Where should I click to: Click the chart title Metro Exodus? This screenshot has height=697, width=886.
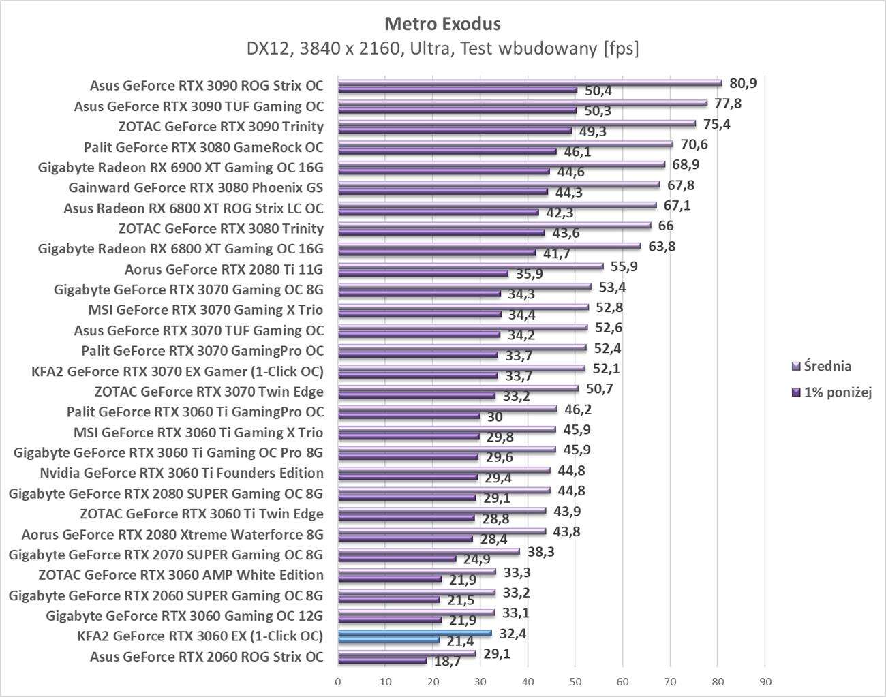(x=442, y=24)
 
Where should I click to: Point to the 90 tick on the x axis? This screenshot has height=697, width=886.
(x=765, y=681)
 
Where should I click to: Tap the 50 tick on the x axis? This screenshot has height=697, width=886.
(x=575, y=681)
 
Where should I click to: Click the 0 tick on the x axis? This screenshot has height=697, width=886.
(x=338, y=681)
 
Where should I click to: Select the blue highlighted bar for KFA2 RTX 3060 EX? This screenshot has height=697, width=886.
(x=414, y=633)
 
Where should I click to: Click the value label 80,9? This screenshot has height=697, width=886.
(x=743, y=83)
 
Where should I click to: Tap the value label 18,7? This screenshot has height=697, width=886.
(x=447, y=662)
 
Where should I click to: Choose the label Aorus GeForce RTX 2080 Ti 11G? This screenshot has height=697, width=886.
(x=224, y=269)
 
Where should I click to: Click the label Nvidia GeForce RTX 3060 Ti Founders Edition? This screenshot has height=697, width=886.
(x=181, y=473)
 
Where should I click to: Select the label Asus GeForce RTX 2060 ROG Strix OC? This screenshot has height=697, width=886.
(x=207, y=657)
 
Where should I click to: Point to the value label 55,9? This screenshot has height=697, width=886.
(x=624, y=267)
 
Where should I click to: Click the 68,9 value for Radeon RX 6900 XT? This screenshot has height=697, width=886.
(x=686, y=165)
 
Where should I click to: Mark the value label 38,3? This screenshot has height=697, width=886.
(x=540, y=552)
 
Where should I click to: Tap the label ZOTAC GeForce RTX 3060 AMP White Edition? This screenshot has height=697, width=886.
(x=181, y=575)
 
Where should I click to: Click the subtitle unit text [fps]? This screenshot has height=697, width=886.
(x=620, y=48)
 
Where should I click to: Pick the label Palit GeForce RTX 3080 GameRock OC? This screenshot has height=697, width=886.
(x=203, y=147)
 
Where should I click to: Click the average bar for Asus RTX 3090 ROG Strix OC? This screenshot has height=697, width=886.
(x=530, y=83)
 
